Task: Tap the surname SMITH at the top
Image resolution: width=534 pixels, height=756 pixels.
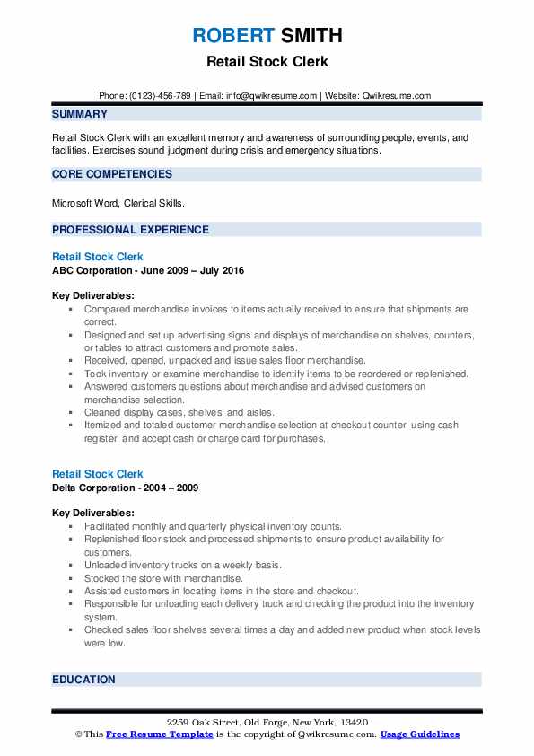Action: tap(310, 36)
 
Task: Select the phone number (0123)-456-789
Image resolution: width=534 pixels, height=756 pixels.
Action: tap(159, 96)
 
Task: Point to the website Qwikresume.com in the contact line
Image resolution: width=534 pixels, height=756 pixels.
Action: tap(395, 96)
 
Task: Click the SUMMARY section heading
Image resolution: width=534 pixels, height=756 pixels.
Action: tap(80, 114)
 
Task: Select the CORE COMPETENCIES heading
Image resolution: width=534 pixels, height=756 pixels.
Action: tap(112, 174)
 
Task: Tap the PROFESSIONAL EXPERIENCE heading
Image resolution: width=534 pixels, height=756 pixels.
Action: tap(130, 230)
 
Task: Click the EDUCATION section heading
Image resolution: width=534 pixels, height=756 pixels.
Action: tap(83, 680)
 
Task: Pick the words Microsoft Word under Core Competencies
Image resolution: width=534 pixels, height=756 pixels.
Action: tap(82, 204)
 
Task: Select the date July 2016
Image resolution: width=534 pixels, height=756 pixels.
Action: tap(220, 270)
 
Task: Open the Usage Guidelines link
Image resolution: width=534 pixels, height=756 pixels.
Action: tap(420, 734)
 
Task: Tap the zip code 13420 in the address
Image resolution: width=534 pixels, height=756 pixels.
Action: tap(353, 723)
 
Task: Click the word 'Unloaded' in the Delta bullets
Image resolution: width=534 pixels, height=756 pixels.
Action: tap(106, 565)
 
